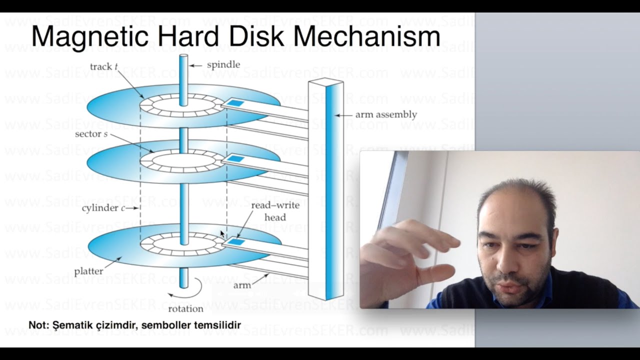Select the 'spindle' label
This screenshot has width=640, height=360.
tap(223, 64)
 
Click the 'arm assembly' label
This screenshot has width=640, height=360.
tap(385, 114)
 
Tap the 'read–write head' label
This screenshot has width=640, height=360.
tap(275, 211)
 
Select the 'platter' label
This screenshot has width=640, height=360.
tap(88, 271)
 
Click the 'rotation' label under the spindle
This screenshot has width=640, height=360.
tap(185, 308)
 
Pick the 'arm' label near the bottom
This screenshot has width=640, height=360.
tap(242, 285)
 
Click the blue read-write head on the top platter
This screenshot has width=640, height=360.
tap(236, 103)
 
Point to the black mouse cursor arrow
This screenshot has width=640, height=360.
tap(222, 233)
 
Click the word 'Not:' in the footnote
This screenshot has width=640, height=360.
tap(39, 325)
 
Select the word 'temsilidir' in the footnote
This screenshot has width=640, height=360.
tap(219, 325)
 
